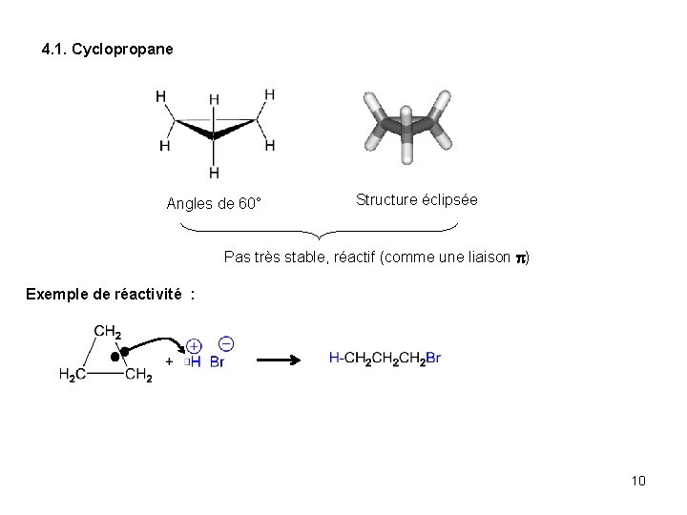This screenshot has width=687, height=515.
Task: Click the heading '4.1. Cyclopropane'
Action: (108, 49)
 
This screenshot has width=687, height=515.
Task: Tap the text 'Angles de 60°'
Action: (214, 203)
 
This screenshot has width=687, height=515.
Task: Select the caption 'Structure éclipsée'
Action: (417, 200)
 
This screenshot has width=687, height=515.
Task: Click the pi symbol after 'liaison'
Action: (521, 257)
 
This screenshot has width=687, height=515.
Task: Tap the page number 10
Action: (638, 480)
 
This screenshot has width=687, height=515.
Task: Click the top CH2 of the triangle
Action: (107, 331)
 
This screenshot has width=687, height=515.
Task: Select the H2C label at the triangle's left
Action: (73, 376)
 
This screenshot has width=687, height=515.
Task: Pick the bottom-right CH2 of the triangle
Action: (138, 376)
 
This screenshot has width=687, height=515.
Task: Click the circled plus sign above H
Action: (194, 346)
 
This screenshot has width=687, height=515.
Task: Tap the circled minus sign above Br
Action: (225, 342)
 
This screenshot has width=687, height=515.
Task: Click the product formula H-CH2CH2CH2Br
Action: (385, 359)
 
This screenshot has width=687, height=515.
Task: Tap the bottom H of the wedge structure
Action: (214, 173)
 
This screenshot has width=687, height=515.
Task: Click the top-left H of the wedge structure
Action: (160, 95)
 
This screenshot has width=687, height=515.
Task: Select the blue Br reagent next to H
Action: (217, 362)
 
